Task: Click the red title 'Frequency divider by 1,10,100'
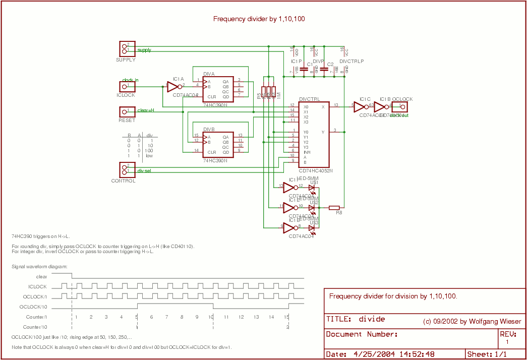[x=259, y=19]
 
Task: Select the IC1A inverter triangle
[x=173, y=86]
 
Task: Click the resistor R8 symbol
[x=334, y=207]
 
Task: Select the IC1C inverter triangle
[x=360, y=106]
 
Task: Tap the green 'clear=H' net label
[x=146, y=110]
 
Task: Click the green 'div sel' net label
[x=144, y=171]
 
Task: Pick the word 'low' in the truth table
[x=149, y=156]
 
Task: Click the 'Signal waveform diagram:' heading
[x=39, y=266]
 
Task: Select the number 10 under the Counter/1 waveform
[x=211, y=317]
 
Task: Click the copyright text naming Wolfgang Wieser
[x=472, y=321]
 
